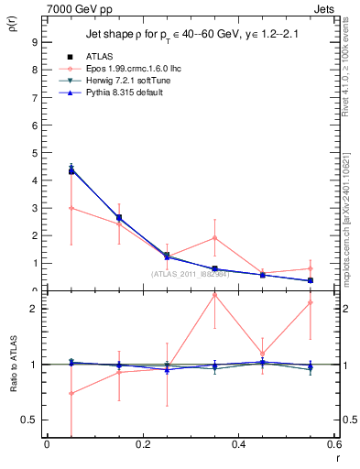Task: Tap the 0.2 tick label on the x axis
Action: click(142, 446)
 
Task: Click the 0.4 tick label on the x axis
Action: click(238, 446)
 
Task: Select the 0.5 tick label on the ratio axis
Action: click(29, 420)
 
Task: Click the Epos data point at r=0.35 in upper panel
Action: click(214, 238)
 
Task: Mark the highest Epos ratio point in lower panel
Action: click(214, 295)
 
